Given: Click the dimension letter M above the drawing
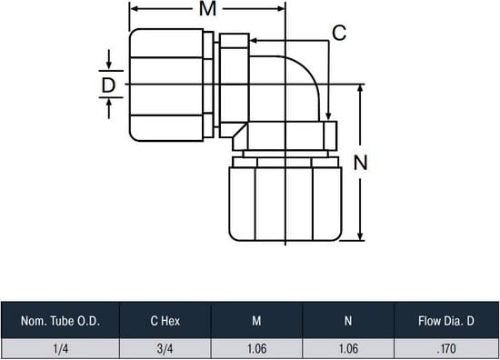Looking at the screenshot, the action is [207, 8].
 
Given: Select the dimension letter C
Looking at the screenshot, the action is [339, 33].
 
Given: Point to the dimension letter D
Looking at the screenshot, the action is [108, 85].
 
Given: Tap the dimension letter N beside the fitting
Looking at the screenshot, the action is [361, 163].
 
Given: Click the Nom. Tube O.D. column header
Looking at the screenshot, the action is [60, 321].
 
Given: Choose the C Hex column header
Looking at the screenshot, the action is [165, 321].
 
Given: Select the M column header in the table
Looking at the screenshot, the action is [256, 321].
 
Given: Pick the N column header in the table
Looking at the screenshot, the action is [348, 321].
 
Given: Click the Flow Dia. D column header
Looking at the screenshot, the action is [446, 321].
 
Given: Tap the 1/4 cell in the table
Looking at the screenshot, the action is [61, 349].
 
